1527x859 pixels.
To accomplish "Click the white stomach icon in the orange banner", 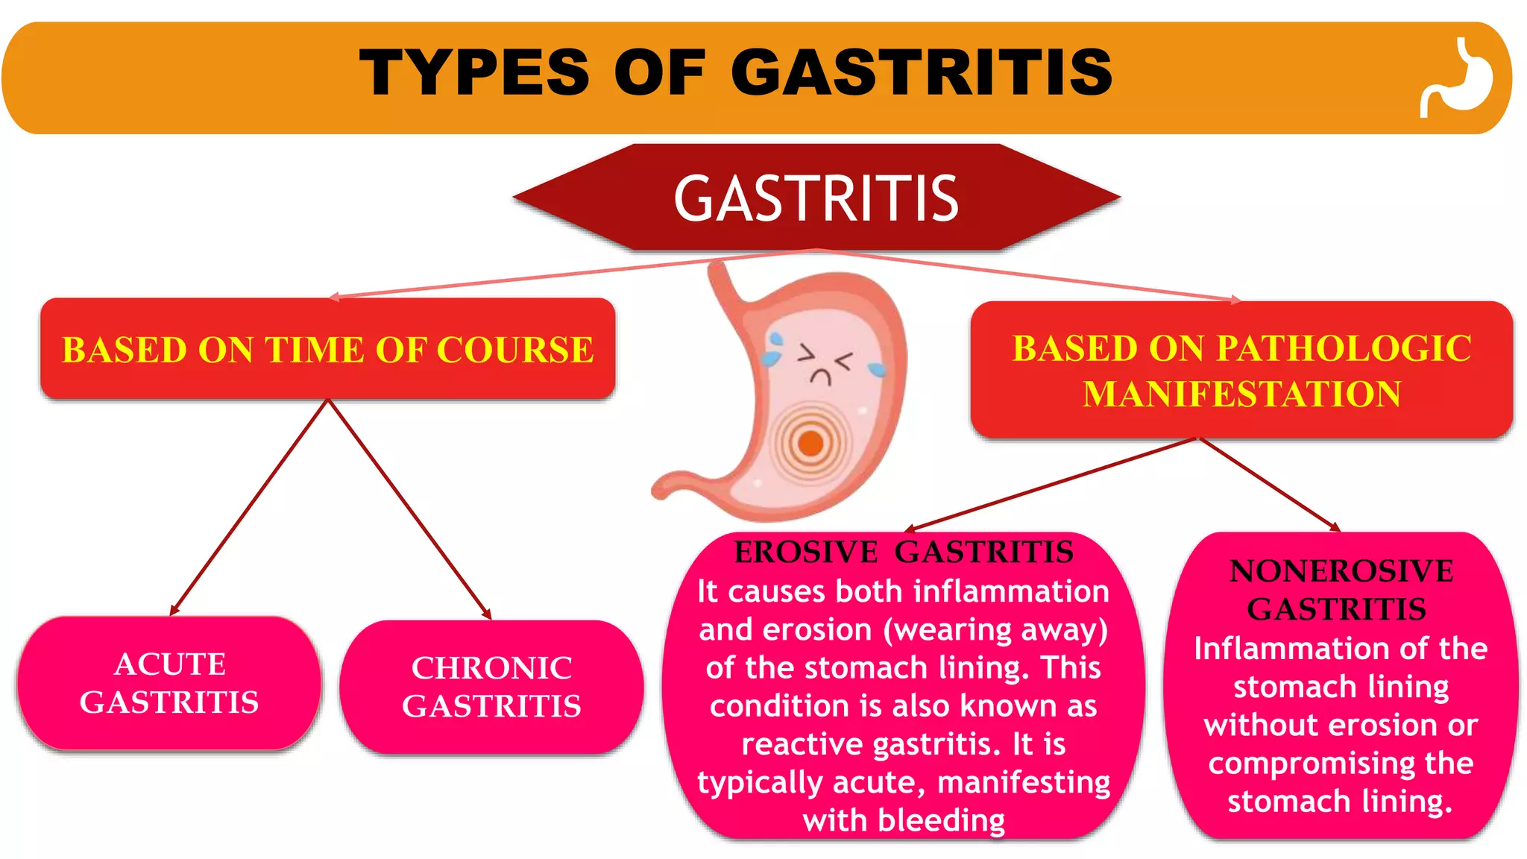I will point(1458,78).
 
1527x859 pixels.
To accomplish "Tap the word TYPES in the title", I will point(474,72).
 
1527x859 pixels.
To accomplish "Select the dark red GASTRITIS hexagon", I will point(816,198).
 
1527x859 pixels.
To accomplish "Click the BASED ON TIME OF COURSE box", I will point(328,349).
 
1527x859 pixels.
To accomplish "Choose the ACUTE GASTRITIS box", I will point(169,683).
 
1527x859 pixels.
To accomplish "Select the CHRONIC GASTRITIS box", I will point(491,687).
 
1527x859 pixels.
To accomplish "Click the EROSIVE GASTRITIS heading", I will point(904,553).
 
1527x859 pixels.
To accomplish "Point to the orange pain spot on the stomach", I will point(810,443).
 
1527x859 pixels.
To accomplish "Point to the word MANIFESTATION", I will point(1241,394).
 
